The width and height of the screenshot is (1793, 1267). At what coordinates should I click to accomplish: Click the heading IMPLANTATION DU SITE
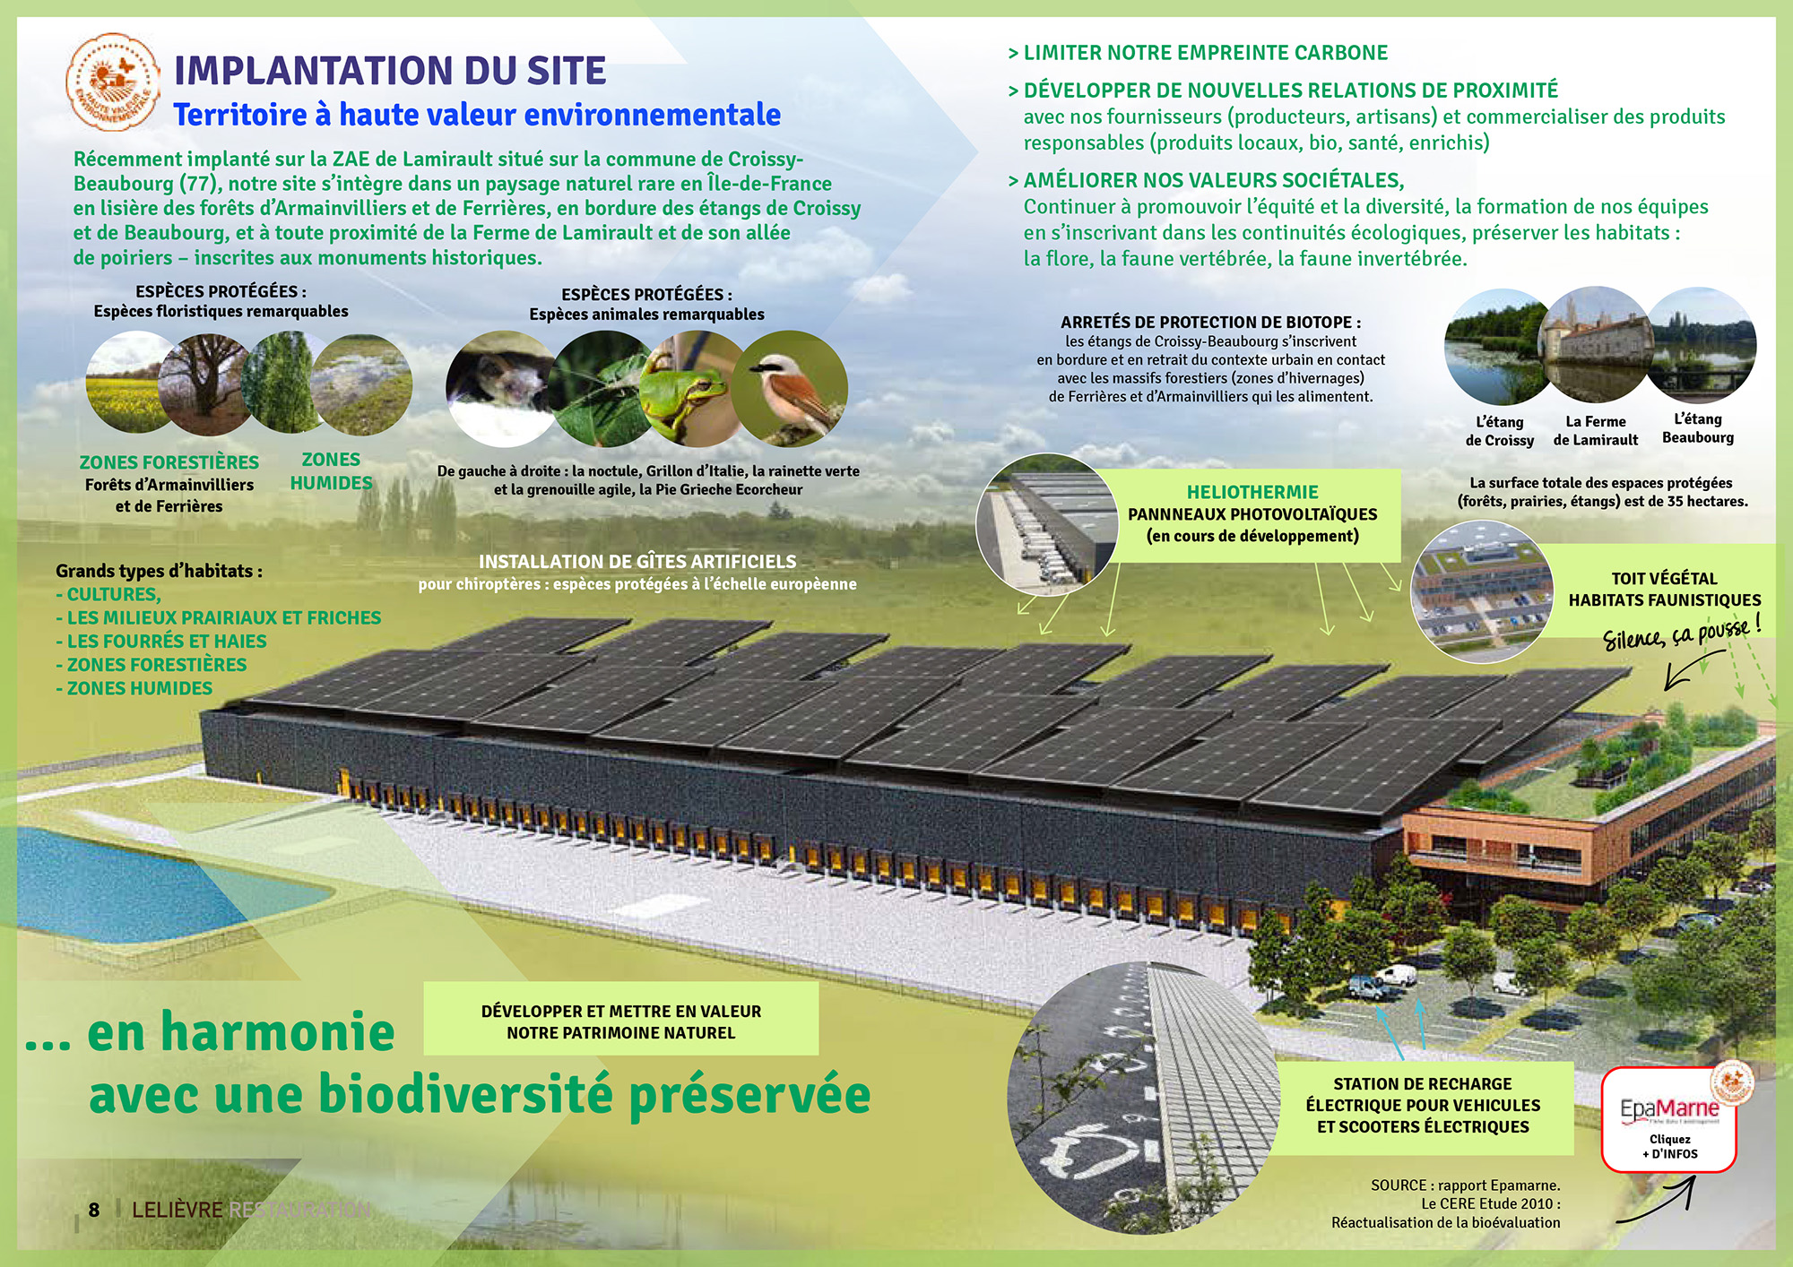pyautogui.click(x=390, y=71)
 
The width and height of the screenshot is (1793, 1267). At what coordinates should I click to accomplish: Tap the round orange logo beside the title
pyautogui.click(x=113, y=82)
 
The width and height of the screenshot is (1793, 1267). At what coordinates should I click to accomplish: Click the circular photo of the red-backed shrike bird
pyautogui.click(x=790, y=388)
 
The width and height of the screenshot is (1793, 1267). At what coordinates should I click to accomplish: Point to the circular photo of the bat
pyautogui.click(x=502, y=388)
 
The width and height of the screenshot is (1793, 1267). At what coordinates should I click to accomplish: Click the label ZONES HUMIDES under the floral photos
pyautogui.click(x=331, y=470)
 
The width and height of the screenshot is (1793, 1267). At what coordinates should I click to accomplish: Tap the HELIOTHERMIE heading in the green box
pyautogui.click(x=1252, y=492)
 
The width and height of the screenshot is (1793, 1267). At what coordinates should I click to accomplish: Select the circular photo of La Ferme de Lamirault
pyautogui.click(x=1596, y=344)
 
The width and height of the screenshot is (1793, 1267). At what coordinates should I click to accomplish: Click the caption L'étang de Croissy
pyautogui.click(x=1500, y=431)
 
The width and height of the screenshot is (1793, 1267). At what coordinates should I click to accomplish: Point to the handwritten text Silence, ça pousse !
pyautogui.click(x=1682, y=631)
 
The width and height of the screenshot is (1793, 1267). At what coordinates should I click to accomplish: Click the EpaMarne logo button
pyautogui.click(x=1669, y=1118)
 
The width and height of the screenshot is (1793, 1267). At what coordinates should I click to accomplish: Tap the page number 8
pyautogui.click(x=94, y=1210)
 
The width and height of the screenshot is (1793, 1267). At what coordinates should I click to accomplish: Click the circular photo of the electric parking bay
pyautogui.click(x=1144, y=1097)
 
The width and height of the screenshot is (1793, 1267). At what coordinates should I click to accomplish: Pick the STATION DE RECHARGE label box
pyautogui.click(x=1424, y=1106)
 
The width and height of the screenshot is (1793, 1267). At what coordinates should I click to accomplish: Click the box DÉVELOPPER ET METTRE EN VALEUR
pyautogui.click(x=621, y=1021)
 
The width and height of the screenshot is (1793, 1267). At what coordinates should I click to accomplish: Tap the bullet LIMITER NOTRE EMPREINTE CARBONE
pyautogui.click(x=1198, y=53)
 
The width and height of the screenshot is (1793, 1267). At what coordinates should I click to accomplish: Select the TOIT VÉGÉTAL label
pyautogui.click(x=1664, y=578)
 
